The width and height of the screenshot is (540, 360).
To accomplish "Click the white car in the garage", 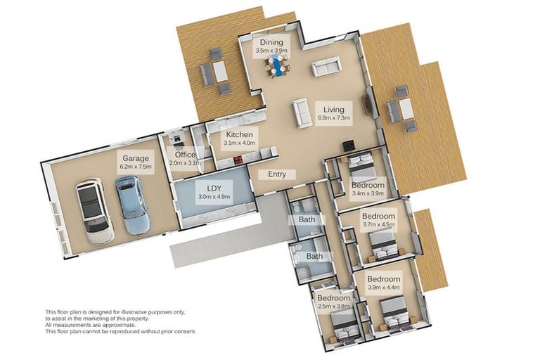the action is (x=94, y=211).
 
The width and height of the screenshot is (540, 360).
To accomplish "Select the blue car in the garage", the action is (x=133, y=205).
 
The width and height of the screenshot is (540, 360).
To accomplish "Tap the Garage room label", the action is (x=136, y=158).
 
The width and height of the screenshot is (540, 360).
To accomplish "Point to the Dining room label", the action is (x=271, y=42).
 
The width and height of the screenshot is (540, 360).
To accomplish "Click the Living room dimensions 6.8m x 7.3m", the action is (x=334, y=118).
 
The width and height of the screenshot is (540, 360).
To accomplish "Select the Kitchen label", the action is (x=239, y=135).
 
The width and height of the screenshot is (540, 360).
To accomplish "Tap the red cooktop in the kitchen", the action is (x=238, y=160).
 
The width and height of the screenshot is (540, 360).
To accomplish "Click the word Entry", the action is (x=277, y=174).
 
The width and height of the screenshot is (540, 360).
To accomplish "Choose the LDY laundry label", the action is (x=214, y=188).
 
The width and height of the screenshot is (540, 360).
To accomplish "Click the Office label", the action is (x=185, y=155).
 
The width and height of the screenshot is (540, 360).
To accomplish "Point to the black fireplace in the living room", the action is (x=348, y=146).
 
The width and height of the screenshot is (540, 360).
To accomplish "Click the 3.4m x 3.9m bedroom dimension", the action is (x=368, y=193).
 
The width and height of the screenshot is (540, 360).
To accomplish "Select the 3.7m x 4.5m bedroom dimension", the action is (x=378, y=224).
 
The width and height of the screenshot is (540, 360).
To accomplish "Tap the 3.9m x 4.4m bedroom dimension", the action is (x=384, y=288).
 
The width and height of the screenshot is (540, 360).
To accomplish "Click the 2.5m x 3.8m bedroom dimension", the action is (x=334, y=306).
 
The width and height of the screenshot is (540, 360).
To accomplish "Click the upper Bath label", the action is (x=307, y=219).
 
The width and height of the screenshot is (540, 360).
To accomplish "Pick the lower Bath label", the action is (x=314, y=256).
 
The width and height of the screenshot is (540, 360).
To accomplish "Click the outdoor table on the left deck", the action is (x=219, y=72).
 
